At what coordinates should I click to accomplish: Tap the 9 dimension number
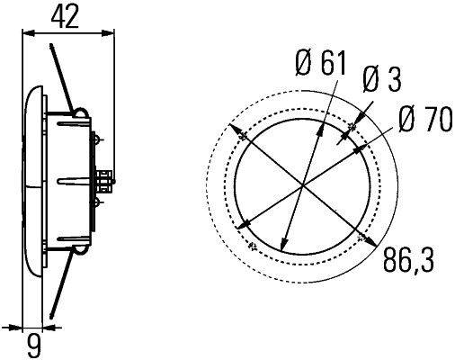tap(33, 343)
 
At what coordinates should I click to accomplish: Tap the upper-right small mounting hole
tap(352, 136)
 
